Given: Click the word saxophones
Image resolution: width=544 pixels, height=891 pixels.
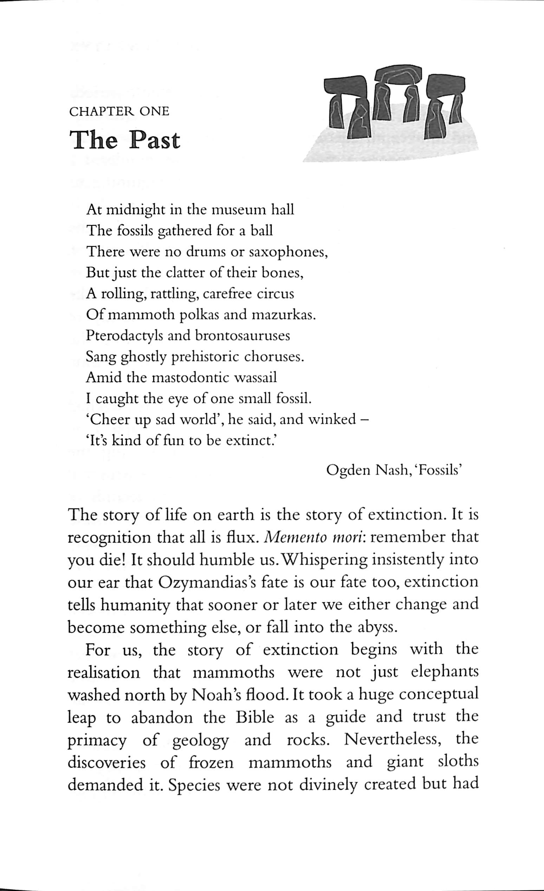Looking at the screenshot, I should coord(288,252).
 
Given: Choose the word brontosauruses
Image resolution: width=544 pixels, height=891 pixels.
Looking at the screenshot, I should coord(242,335).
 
